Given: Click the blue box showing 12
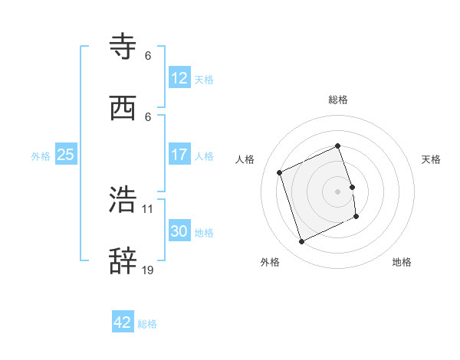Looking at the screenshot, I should pos(179,78).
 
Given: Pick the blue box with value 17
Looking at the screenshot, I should pos(179,155).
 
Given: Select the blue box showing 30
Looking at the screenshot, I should pos(179,231).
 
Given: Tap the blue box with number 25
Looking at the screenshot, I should pos(65,155).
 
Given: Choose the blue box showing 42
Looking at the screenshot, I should pos(123,322).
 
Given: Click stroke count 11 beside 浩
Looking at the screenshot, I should pos(148,208).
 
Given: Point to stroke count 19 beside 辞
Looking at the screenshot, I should pos(148,270).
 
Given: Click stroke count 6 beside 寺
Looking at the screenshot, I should pos(148,56).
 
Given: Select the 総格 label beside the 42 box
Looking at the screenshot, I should pos(147,324).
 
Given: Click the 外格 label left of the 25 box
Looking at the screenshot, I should pos(41,156).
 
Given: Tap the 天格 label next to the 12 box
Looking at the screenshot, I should pos(204,80).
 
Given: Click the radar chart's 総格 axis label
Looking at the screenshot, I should pos(338,100).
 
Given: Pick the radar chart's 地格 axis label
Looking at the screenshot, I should pos(402,262).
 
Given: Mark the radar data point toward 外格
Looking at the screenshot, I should pos(301,242).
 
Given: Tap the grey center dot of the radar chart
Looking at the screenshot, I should pos(338,191).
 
